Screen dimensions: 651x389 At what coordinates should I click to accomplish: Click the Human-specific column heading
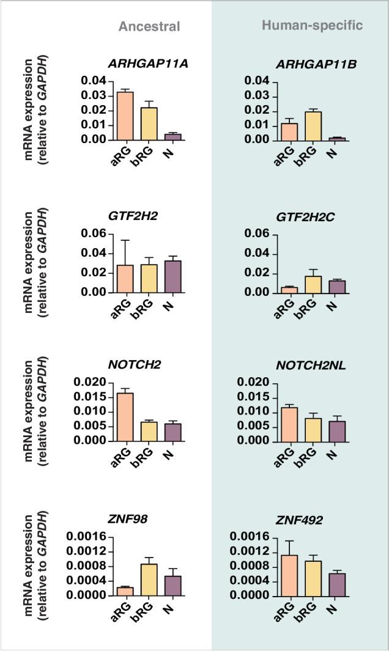(313, 25)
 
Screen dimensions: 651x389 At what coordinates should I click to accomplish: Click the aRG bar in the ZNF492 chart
(289, 575)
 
